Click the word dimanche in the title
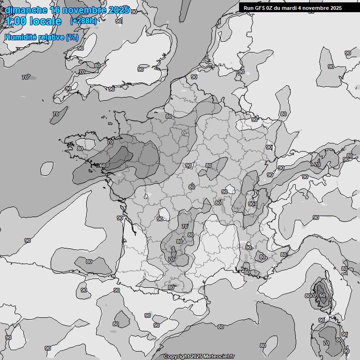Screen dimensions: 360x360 point(25,10)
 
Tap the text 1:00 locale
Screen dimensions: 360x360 point(33,21)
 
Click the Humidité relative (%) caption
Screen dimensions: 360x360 point(41,37)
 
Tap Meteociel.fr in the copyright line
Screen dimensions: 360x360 point(219,356)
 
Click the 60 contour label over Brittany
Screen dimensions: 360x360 point(103,165)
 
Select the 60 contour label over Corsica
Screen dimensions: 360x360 point(322,296)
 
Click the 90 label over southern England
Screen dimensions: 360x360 point(141,69)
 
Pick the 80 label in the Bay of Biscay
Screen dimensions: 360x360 point(89,262)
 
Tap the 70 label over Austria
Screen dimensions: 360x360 point(317,165)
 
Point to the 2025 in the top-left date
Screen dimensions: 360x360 point(119,10)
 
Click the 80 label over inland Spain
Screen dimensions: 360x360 point(115,324)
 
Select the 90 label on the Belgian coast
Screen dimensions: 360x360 point(194,77)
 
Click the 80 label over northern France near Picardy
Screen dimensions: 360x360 point(169,116)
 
